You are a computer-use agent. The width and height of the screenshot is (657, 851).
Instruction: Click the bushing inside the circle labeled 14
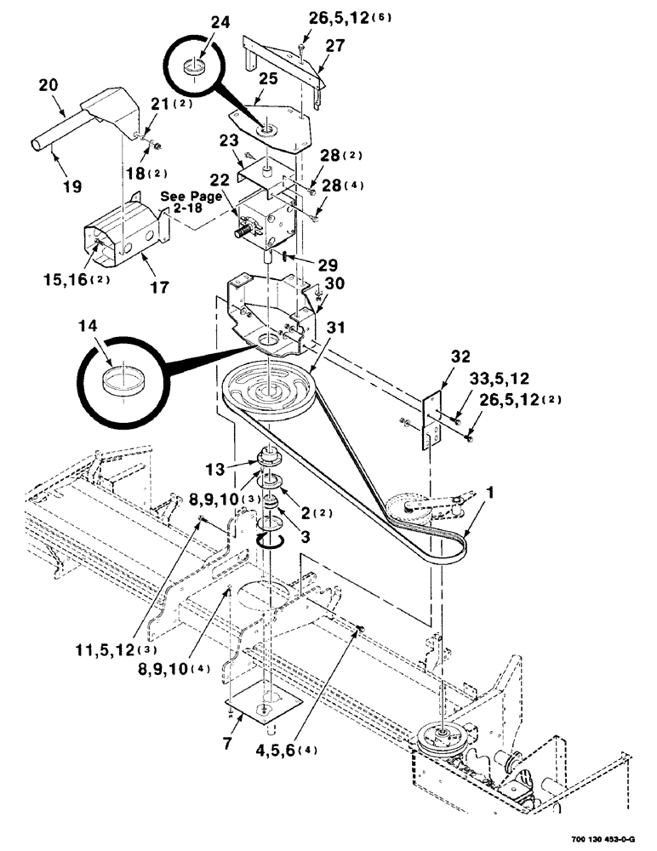[119, 380]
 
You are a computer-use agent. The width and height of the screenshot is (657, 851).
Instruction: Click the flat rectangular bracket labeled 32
[432, 420]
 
